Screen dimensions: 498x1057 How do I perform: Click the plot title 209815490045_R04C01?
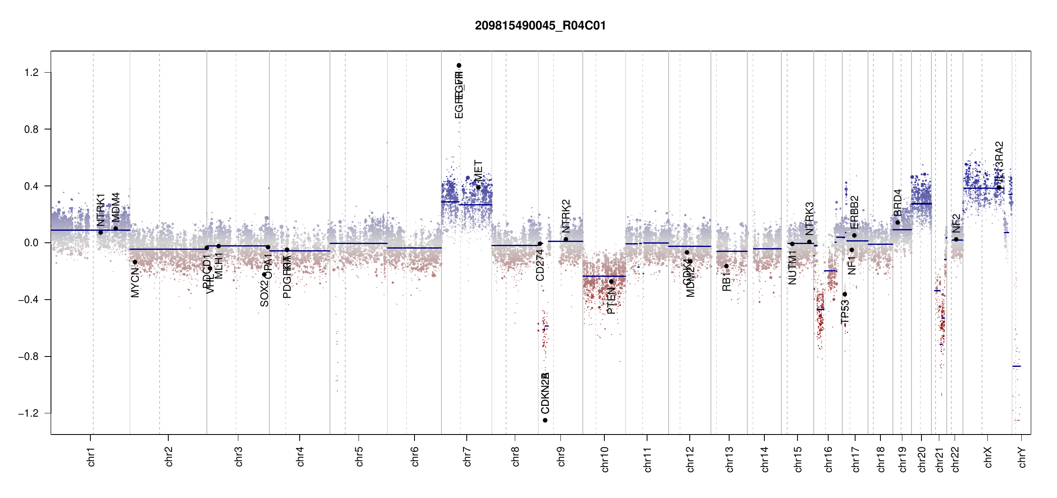[540, 26]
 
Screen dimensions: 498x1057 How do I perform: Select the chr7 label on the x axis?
[467, 456]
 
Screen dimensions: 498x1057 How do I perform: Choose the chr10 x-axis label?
[604, 459]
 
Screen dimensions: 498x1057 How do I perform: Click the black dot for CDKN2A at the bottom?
[545, 420]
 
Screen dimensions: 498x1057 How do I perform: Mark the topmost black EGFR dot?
[459, 66]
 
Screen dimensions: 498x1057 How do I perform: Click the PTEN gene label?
[611, 301]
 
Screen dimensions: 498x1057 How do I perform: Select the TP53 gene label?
[845, 312]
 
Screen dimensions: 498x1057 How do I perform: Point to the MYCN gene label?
[135, 283]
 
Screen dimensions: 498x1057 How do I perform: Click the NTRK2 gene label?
[566, 216]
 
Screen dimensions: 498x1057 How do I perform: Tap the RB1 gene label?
[726, 282]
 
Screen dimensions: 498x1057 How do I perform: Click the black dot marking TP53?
[845, 294]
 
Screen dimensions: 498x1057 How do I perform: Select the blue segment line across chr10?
[604, 276]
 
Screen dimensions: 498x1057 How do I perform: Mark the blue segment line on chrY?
[1016, 366]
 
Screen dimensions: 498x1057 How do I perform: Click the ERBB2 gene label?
[854, 212]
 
